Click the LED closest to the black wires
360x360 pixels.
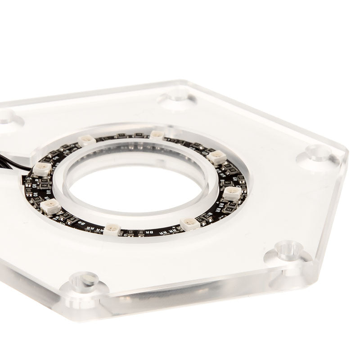pyautogui.click(x=42, y=168)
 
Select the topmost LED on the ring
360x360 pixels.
pyautogui.click(x=156, y=134)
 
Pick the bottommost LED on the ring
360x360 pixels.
pyautogui.click(x=112, y=229)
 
